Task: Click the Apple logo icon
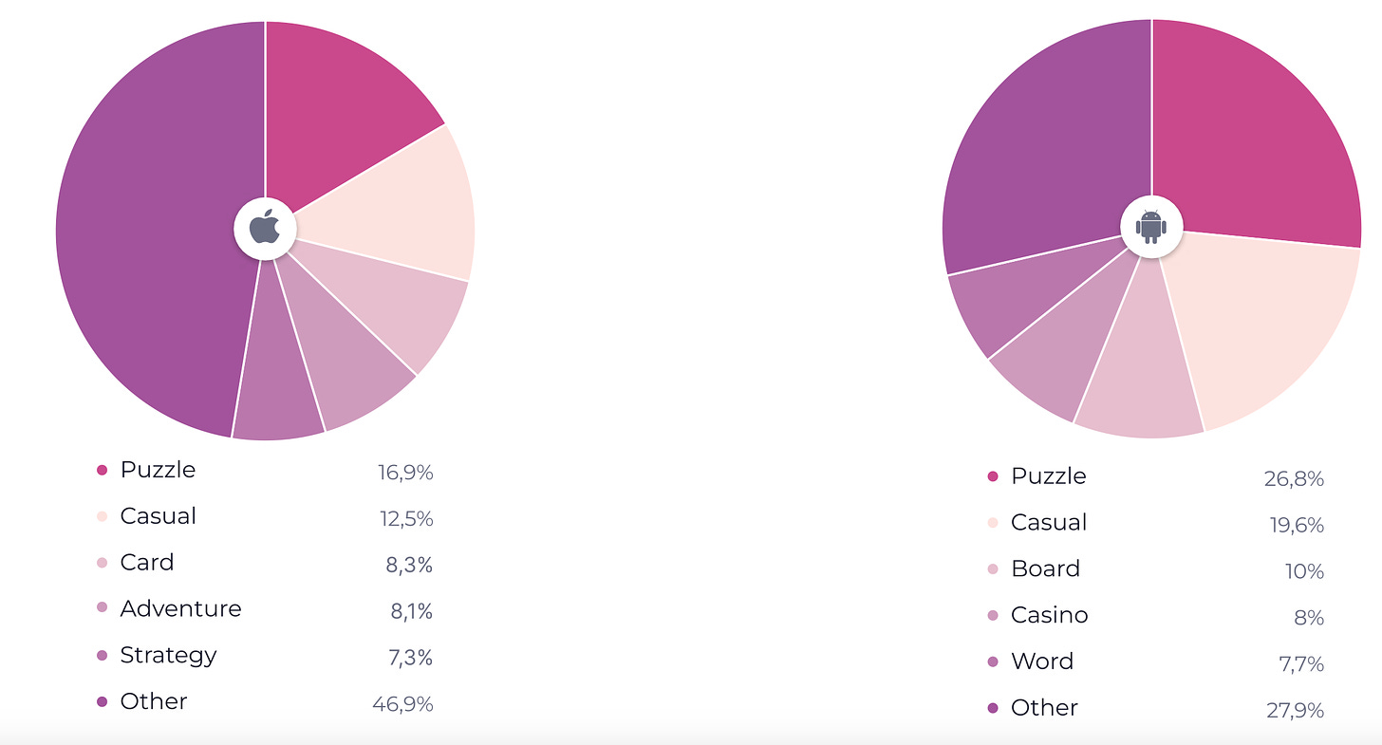[265, 229]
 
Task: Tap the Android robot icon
[1151, 227]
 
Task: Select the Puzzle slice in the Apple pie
[342, 104]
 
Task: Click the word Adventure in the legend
[180, 608]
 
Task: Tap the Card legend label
[147, 562]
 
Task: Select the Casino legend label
[1049, 615]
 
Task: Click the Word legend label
[1041, 661]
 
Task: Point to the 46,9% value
[402, 703]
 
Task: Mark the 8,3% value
[409, 565]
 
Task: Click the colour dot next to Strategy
[103, 656]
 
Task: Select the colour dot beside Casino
[993, 616]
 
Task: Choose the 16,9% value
[404, 473]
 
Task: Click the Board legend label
[1045, 568]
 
